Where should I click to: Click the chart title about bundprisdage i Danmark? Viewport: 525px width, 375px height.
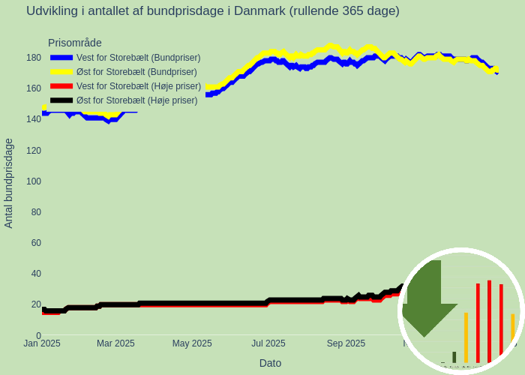pyautogui.click(x=213, y=11)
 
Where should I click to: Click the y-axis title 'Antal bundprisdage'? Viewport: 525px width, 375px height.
pyautogui.click(x=9, y=183)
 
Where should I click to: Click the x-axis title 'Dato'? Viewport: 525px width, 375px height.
pyautogui.click(x=270, y=363)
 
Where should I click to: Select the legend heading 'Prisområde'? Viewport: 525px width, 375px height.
pyautogui.click(x=75, y=43)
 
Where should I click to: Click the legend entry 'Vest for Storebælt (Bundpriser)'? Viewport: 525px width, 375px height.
pyautogui.click(x=138, y=58)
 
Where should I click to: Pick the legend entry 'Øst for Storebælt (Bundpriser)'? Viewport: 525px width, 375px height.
pyautogui.click(x=136, y=72)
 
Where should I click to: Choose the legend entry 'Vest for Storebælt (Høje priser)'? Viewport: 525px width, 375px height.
pyautogui.click(x=139, y=86)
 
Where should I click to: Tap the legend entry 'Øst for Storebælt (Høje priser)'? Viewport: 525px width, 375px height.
pyautogui.click(x=136, y=100)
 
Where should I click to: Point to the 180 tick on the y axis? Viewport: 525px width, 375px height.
pyautogui.click(x=34, y=58)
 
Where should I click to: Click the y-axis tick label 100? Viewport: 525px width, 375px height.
pyautogui.click(x=34, y=181)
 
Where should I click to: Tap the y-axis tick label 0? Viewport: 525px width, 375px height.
pyautogui.click(x=38, y=335)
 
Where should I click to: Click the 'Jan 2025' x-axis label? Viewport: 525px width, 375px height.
pyautogui.click(x=42, y=343)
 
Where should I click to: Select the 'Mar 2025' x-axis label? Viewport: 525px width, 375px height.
pyautogui.click(x=115, y=343)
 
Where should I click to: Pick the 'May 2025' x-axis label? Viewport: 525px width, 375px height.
pyautogui.click(x=192, y=343)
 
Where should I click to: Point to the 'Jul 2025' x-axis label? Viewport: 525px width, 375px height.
pyautogui.click(x=268, y=343)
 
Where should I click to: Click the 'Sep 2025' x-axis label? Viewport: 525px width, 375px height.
pyautogui.click(x=346, y=343)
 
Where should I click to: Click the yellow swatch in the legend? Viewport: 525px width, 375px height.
pyautogui.click(x=61, y=72)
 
